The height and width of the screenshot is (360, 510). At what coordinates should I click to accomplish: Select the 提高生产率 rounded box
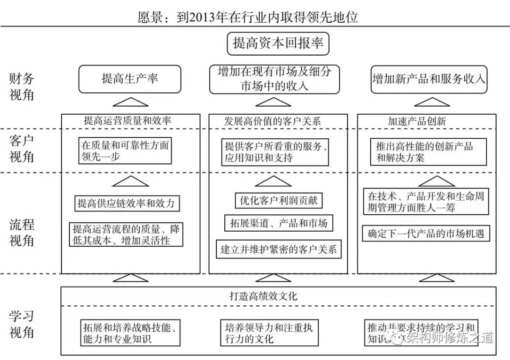tap(129, 79)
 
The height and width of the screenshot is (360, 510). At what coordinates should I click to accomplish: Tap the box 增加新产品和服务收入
tap(428, 79)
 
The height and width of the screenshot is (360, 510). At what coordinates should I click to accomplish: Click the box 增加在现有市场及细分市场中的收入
tap(274, 79)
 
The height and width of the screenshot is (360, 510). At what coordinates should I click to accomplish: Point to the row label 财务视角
tap(22, 86)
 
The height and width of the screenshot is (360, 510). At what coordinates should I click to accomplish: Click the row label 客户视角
tap(22, 148)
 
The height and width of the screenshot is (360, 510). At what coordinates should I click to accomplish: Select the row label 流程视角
tap(22, 232)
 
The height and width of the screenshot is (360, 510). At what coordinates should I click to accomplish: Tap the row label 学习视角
tap(22, 324)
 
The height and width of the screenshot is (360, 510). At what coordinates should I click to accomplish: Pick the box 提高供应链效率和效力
tap(126, 203)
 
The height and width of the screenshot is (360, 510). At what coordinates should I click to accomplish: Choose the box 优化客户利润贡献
tap(278, 200)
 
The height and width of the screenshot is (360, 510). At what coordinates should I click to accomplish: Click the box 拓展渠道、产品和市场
tap(278, 223)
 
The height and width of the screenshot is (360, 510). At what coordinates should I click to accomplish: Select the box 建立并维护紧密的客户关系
tap(279, 250)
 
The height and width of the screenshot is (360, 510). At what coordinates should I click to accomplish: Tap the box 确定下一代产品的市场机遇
tap(426, 233)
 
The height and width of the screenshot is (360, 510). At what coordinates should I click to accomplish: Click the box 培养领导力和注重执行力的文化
tap(269, 333)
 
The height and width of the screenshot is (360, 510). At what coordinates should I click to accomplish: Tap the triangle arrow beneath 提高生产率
tap(130, 102)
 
